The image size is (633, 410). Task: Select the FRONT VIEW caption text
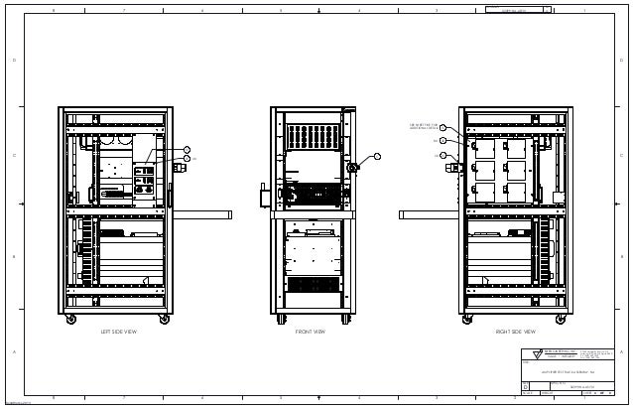click(x=310, y=332)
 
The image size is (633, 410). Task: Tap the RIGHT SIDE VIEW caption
click(x=515, y=332)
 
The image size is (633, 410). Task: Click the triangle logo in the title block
click(x=537, y=352)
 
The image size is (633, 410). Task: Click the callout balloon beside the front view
click(x=377, y=156)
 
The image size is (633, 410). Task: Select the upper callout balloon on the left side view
click(x=187, y=149)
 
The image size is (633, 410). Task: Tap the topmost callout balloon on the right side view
click(x=443, y=127)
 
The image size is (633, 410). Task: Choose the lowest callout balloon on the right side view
click(x=443, y=155)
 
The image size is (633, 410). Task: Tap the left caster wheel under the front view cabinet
click(x=281, y=319)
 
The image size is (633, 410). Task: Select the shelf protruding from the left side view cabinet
click(x=203, y=212)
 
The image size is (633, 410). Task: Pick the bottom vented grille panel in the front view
click(x=313, y=284)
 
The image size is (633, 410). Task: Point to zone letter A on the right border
click(x=620, y=352)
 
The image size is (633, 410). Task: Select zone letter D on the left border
click(x=13, y=60)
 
